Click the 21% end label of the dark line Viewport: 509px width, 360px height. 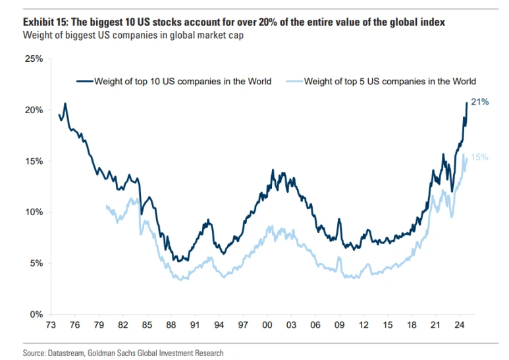[x=479, y=102]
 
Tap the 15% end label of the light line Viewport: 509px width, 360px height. [x=479, y=157]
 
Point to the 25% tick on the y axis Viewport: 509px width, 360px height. [x=34, y=59]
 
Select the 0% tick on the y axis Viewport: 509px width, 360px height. [x=37, y=315]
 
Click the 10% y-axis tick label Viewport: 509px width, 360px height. [x=34, y=213]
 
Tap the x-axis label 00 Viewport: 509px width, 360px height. [x=267, y=326]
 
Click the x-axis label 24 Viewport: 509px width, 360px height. [x=458, y=326]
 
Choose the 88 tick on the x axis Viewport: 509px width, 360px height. [x=171, y=326]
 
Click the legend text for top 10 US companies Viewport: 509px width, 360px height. [x=182, y=82]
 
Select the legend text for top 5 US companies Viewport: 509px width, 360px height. [x=390, y=82]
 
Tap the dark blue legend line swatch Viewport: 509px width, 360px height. [x=84, y=82]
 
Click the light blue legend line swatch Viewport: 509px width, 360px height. [x=294, y=82]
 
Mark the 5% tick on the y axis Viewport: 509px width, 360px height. [x=37, y=263]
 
